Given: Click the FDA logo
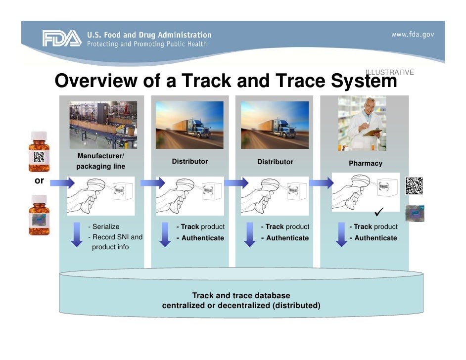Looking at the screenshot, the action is (61, 39).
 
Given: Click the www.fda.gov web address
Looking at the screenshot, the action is (413, 35).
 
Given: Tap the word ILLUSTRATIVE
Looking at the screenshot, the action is (390, 72).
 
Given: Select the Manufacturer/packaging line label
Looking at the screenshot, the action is (100, 161).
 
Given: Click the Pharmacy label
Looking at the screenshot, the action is (366, 163).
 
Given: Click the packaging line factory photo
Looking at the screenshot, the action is (103, 125).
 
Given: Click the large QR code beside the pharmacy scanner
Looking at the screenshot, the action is (415, 185).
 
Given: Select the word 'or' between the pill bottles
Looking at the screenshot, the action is (39, 181).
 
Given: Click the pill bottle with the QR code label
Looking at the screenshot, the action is (39, 152).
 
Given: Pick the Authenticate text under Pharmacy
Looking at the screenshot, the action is (375, 238).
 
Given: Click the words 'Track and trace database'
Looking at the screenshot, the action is (241, 296).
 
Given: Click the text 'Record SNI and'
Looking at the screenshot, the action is (116, 237).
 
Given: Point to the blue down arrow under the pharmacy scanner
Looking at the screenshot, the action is (341, 234).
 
